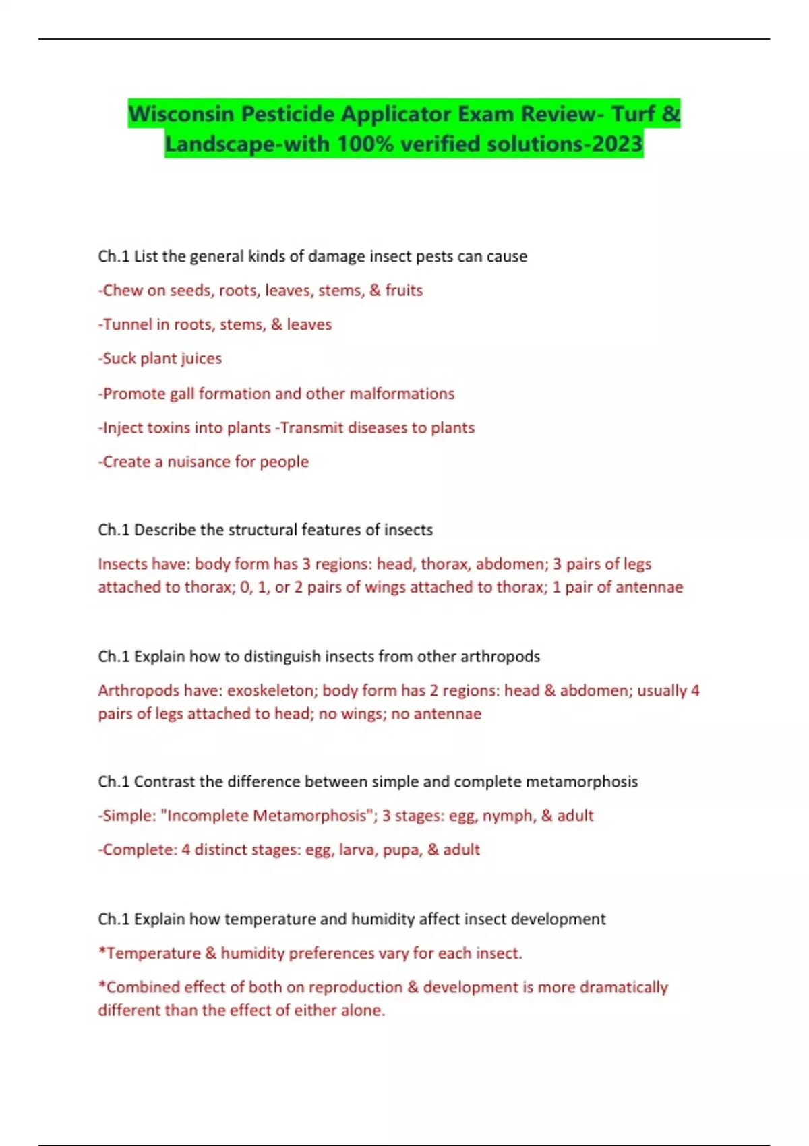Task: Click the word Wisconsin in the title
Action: click(x=181, y=113)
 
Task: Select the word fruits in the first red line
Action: click(x=404, y=290)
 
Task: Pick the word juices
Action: click(x=201, y=359)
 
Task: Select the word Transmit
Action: click(x=309, y=428)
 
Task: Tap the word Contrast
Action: click(x=164, y=781)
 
